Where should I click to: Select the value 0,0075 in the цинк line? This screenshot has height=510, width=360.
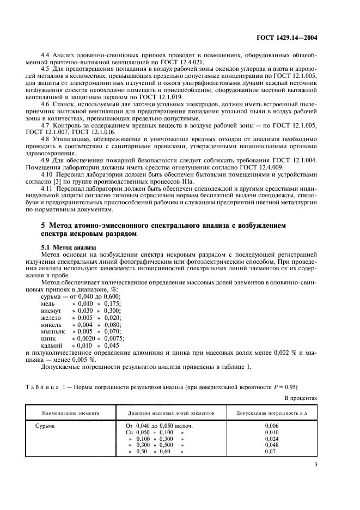pos(114,338)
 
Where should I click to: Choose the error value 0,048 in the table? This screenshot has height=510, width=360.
pos(271,445)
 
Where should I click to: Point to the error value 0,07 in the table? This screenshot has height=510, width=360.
pos(271,452)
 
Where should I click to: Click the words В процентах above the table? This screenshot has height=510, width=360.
pos(300,398)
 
